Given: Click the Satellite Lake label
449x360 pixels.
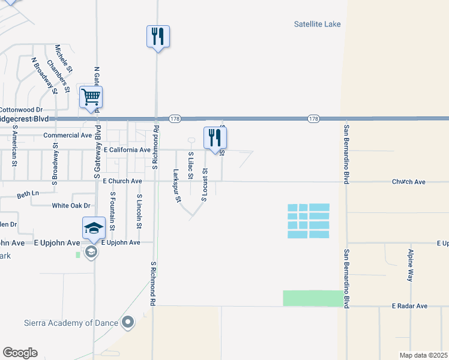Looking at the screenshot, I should [317, 24].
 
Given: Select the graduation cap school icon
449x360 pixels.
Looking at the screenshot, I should [94, 228].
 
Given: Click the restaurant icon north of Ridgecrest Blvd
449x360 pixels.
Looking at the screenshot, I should [158, 36].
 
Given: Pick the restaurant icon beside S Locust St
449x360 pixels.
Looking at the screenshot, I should [215, 137].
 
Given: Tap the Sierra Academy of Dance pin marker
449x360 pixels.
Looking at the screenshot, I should [127, 323].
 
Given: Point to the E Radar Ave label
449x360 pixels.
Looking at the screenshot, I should [409, 306].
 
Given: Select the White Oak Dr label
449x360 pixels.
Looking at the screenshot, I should [71, 205].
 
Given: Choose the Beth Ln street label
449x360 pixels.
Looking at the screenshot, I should [28, 194].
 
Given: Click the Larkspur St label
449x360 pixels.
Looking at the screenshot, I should [176, 186].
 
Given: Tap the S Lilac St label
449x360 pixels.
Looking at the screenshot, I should [190, 165].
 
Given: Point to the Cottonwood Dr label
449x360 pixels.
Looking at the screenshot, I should [21, 110].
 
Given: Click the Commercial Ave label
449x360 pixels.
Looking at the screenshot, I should [67, 136].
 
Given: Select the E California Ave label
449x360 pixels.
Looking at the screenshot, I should [127, 149].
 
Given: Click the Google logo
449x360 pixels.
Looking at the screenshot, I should [20, 353].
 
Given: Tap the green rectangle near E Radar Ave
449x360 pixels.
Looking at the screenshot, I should [313, 298].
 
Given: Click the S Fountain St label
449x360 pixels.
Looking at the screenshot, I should [112, 212].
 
